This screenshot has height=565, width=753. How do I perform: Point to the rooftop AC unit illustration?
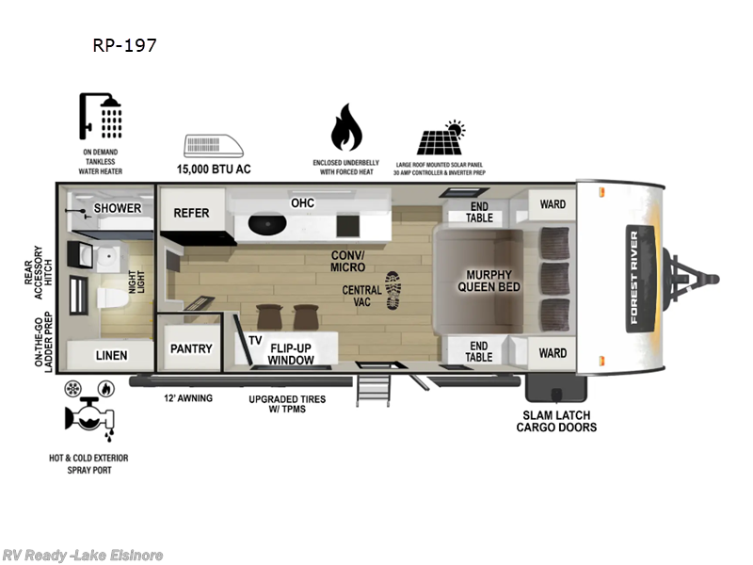(212, 146)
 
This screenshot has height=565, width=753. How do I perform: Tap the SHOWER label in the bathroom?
(117, 208)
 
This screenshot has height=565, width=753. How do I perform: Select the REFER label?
(191, 213)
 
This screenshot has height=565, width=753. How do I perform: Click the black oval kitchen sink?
(267, 225)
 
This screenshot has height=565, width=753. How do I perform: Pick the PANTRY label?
(191, 348)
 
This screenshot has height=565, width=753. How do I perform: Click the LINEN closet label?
(111, 355)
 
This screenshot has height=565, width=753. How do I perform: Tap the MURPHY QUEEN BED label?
(488, 282)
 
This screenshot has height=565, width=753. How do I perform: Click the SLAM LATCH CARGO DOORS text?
(555, 420)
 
